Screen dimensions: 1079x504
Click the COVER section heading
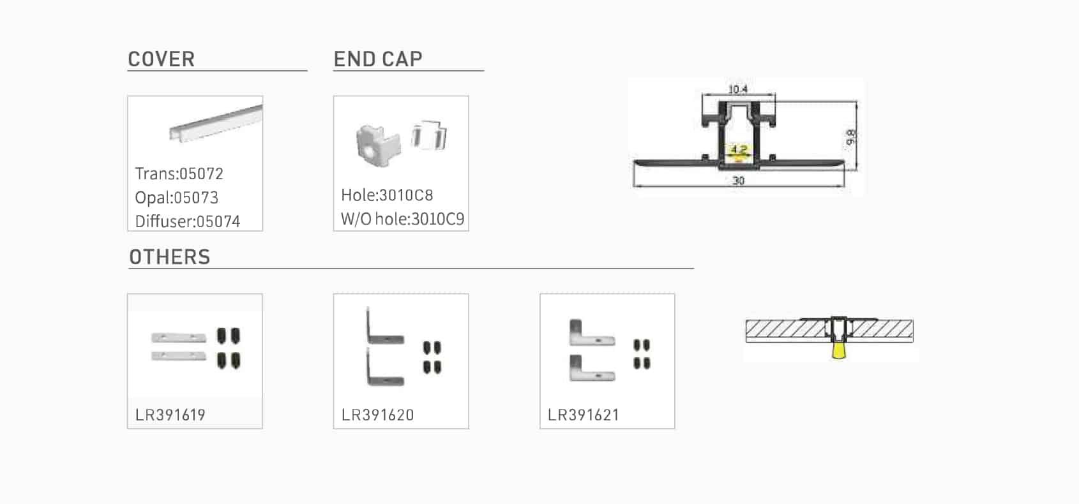coord(162,59)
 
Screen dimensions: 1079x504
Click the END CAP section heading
coord(378,59)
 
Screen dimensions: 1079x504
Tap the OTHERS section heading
coord(170,257)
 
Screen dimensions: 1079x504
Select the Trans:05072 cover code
coord(179,174)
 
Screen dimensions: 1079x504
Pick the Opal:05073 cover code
coord(177,197)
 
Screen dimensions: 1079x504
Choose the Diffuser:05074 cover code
coord(187,221)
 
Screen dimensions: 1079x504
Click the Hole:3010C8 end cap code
coord(388,195)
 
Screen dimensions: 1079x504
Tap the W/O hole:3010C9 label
coord(403,219)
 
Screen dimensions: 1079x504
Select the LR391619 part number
coord(170,415)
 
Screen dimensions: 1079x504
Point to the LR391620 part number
coord(378,415)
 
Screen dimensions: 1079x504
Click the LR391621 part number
coord(584,415)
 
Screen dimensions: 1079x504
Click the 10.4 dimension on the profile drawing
coord(737,89)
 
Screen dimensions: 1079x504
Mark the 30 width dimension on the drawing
coord(739,181)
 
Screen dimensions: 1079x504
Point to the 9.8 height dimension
coord(850,137)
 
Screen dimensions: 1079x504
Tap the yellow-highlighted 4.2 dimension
coord(739,150)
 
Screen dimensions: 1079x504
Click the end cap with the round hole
coord(378,145)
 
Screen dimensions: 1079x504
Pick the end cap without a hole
coord(428,135)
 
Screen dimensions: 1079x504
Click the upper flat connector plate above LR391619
coord(179,338)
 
